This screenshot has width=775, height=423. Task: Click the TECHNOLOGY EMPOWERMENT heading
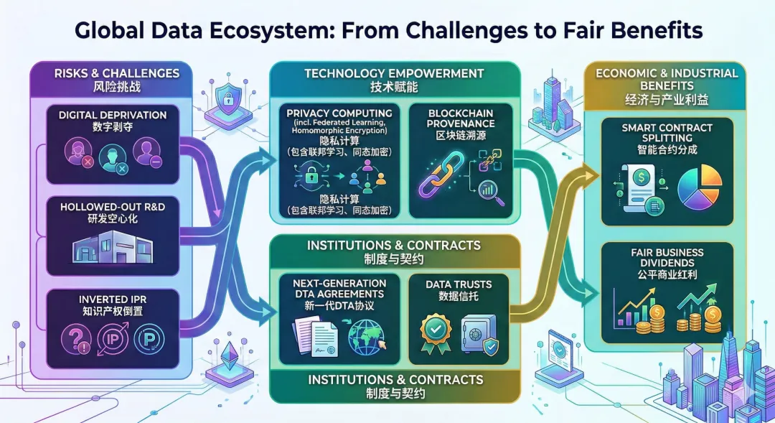393,73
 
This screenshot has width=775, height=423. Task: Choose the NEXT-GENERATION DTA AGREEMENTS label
338,288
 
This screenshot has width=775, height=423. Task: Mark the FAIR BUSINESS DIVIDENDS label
667,258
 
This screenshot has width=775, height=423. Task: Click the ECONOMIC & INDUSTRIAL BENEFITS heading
667,79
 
